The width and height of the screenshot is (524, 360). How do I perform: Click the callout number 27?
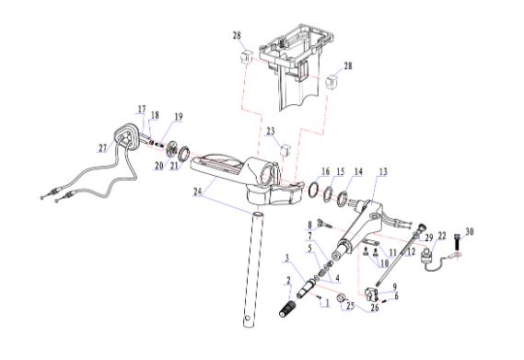pyautogui.click(x=102, y=148)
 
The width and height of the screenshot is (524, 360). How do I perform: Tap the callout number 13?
pyautogui.click(x=383, y=171)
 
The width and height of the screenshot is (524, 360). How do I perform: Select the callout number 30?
pyautogui.click(x=469, y=231)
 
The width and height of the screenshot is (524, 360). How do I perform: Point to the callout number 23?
pyautogui.click(x=271, y=131)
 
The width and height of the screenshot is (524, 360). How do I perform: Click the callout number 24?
pyautogui.click(x=197, y=192)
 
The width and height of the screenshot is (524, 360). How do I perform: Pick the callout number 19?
pyautogui.click(x=179, y=117)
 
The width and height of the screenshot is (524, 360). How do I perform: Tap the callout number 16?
pyautogui.click(x=325, y=171)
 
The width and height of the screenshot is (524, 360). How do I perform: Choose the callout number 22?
pyautogui.click(x=442, y=236)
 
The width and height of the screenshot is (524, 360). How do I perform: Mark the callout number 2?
pyautogui.click(x=289, y=280)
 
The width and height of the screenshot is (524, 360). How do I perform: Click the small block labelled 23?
pyautogui.click(x=285, y=150)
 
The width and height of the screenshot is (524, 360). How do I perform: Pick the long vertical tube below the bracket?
pyautogui.click(x=253, y=270)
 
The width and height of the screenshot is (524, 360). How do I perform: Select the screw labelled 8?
pyautogui.click(x=324, y=223)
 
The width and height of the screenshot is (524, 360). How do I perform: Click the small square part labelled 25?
pyautogui.click(x=341, y=297)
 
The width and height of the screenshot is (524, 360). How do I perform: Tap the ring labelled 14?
pyautogui.click(x=344, y=199)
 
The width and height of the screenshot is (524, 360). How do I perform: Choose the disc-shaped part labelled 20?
pyautogui.click(x=172, y=149)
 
